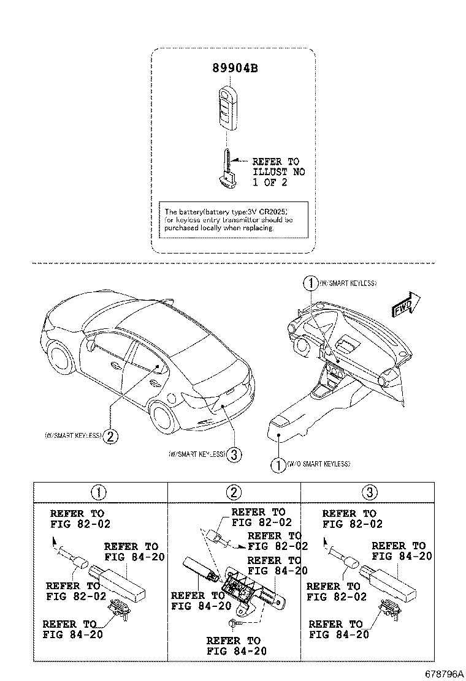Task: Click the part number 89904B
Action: (235, 69)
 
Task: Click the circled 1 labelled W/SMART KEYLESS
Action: (311, 283)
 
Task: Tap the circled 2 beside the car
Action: (110, 436)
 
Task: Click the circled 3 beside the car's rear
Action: (235, 454)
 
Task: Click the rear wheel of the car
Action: (164, 418)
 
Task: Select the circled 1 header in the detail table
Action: (99, 491)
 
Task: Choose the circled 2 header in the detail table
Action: (234, 491)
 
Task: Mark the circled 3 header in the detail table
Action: (369, 491)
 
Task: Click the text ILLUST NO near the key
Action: (278, 173)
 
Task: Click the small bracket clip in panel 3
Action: (388, 610)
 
